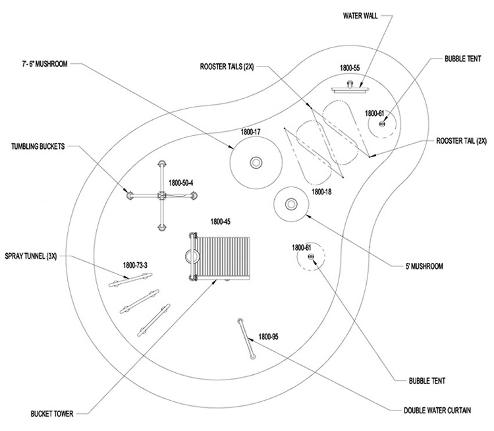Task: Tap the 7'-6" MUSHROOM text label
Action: (x=43, y=64)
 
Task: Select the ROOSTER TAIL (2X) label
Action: (x=461, y=141)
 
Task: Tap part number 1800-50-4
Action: (x=181, y=183)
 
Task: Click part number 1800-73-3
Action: (x=136, y=266)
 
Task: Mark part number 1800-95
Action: (x=268, y=336)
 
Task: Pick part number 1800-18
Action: (x=323, y=192)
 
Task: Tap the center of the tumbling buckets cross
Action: (x=161, y=195)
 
